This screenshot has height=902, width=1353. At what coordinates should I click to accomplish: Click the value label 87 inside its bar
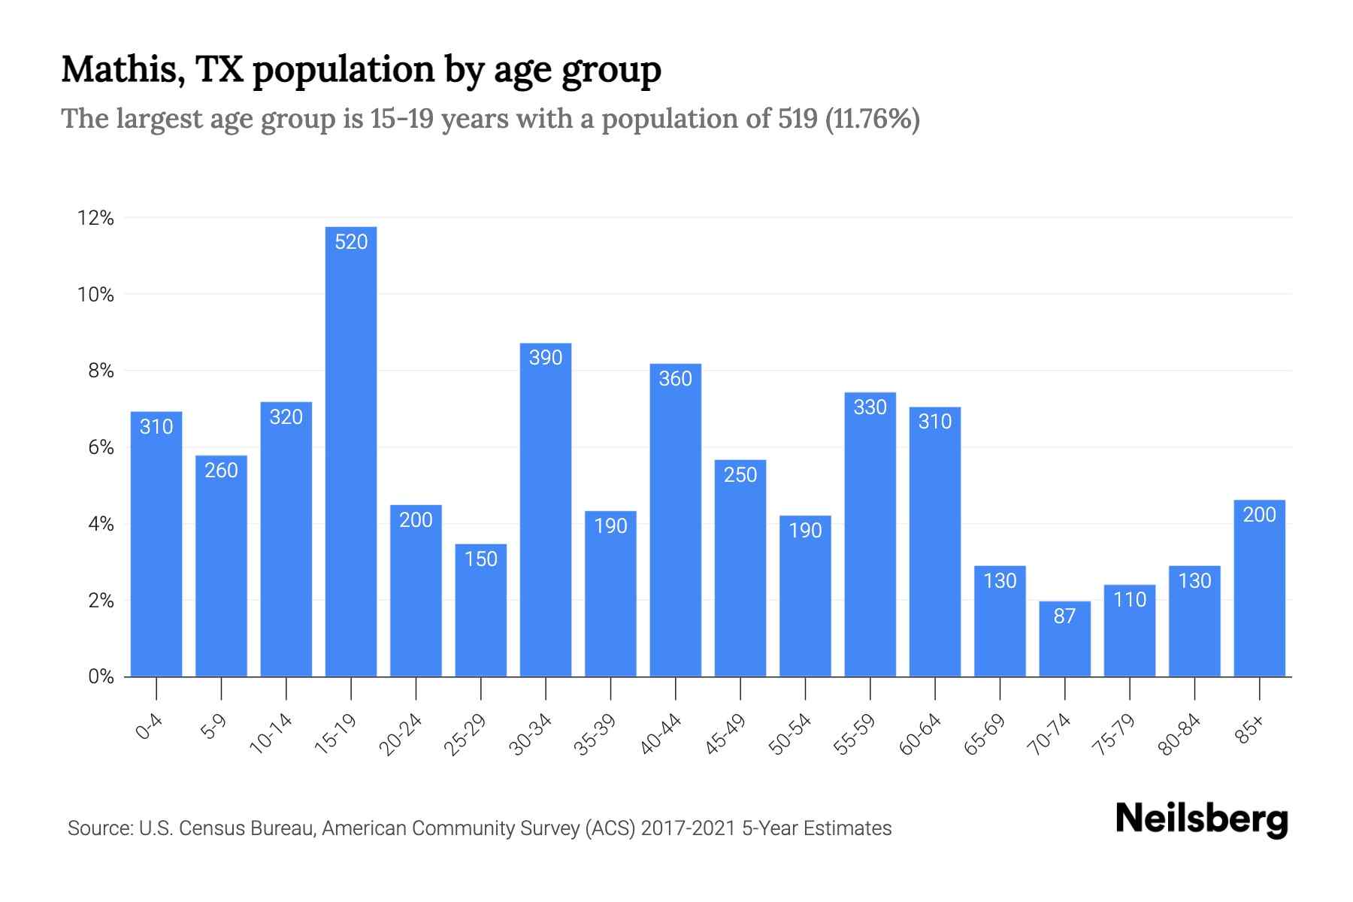(1064, 616)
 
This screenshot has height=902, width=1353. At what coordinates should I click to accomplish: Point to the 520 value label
(351, 242)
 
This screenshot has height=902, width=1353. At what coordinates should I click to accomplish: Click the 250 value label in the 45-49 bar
(740, 475)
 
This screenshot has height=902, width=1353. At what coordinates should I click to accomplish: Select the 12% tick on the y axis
(95, 219)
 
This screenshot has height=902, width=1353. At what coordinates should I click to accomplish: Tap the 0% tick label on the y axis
(101, 676)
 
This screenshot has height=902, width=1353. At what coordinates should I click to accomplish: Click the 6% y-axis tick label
(101, 448)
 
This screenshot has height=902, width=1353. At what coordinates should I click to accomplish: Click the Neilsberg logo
(1201, 819)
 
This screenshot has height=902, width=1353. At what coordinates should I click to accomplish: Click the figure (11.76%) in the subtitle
(872, 119)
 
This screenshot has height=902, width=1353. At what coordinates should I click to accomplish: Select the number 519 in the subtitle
(798, 119)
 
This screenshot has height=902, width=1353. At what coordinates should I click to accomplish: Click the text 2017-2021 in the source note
(688, 828)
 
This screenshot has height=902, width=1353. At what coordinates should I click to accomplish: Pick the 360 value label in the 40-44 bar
(675, 379)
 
